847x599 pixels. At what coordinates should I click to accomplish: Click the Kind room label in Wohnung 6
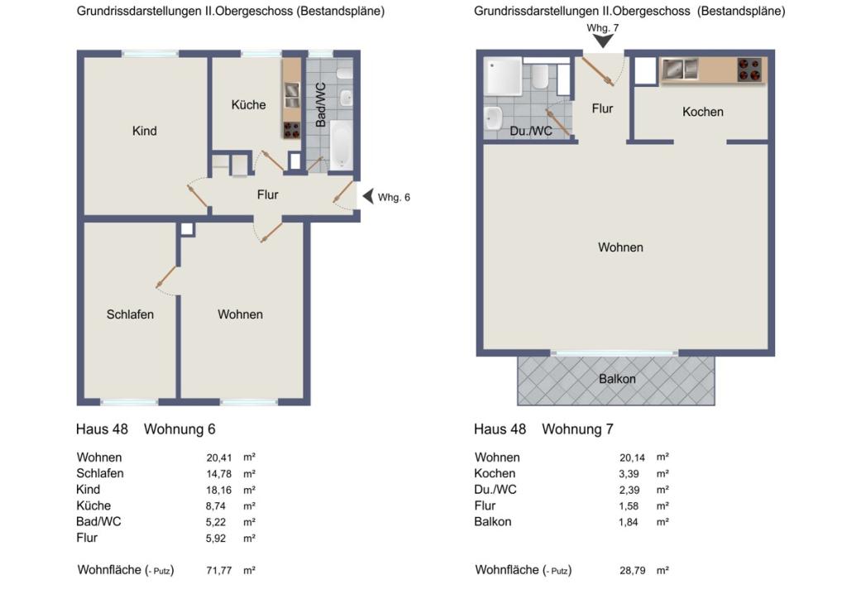[x=144, y=131]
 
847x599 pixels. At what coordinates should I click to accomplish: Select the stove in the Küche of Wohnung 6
[x=292, y=130]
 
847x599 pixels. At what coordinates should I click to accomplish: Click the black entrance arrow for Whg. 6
[x=368, y=196]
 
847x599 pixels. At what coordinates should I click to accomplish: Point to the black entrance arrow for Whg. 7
[x=603, y=41]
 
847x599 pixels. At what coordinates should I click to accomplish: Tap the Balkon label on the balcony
[x=617, y=379]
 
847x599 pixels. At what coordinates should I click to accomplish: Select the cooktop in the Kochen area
[x=749, y=69]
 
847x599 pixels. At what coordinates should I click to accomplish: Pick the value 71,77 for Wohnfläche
[x=218, y=570]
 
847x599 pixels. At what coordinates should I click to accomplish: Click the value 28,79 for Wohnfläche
[x=633, y=570]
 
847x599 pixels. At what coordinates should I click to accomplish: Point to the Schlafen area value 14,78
[x=218, y=474]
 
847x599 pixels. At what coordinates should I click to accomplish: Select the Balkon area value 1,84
[x=629, y=522]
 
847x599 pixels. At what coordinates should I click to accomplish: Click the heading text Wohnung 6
[x=179, y=429]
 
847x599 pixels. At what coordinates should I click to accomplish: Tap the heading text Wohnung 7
[x=577, y=429]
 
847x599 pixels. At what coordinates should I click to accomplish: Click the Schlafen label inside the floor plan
[x=130, y=314]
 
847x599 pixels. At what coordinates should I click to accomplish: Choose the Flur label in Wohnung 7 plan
[x=602, y=108]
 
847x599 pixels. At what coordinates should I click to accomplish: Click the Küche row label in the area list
[x=93, y=506]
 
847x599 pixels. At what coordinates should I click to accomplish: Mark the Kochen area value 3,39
[x=629, y=474]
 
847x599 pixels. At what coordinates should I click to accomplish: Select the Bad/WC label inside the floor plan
[x=321, y=105]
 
